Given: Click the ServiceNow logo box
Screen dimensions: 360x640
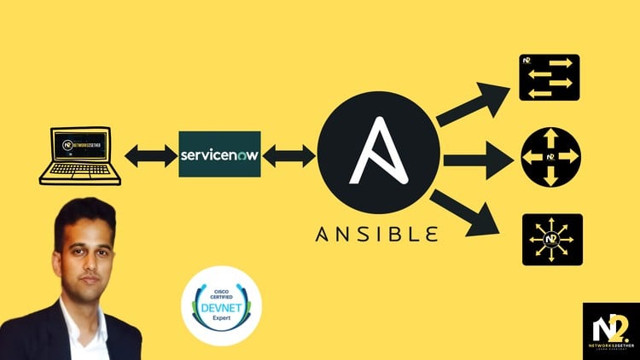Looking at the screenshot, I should point(219,154).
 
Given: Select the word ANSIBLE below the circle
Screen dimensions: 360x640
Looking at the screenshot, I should point(378,232).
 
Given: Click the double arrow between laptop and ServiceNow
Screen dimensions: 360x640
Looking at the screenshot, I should point(150,155).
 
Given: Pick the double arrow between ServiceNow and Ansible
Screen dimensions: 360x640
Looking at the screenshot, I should point(289,155).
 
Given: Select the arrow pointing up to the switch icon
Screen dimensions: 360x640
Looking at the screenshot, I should point(471,103).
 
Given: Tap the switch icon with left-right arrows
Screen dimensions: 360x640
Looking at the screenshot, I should point(550,77).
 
